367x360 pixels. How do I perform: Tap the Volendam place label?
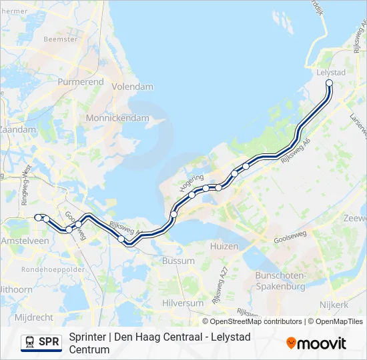coord(132,87)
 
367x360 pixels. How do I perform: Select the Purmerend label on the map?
coord(81,81)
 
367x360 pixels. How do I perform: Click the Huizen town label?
coord(224,246)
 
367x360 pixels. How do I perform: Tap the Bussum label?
coord(178,261)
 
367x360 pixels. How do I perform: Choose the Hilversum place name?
coord(183,303)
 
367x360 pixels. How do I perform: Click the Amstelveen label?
coord(25,240)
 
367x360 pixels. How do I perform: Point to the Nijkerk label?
coord(334,305)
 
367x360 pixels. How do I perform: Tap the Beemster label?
coord(60,39)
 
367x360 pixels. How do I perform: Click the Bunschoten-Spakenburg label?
coord(280,281)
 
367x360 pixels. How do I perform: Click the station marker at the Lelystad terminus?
coord(329,83)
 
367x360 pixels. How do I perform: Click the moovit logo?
coord(316,343)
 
